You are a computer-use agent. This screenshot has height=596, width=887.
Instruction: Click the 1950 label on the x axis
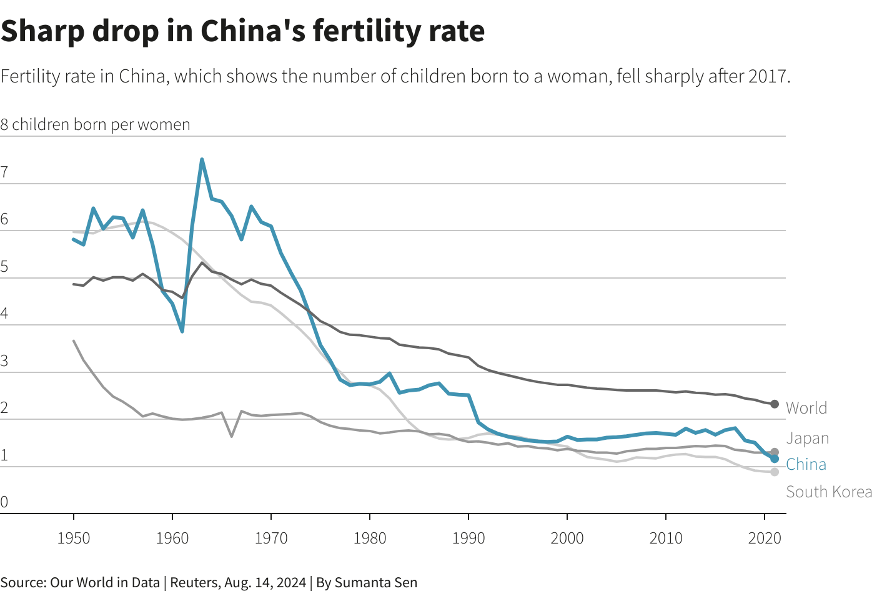74,538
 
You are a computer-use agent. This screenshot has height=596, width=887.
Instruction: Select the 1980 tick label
370,538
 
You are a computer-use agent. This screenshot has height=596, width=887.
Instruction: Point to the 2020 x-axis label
764,538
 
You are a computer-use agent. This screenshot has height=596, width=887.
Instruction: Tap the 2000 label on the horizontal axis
567,538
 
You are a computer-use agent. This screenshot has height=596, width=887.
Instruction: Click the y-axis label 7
4,172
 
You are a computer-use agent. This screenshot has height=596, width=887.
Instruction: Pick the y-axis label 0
4,502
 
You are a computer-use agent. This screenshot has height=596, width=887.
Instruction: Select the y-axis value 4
4,314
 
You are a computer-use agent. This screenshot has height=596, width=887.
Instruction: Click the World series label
806,408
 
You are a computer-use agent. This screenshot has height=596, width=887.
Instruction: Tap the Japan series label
807,439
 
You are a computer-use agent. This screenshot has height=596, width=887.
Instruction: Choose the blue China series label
806,464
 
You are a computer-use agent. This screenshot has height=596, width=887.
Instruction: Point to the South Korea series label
829,492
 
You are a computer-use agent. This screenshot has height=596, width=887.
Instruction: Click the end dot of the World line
775,404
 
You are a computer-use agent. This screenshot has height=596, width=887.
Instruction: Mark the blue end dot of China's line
775,459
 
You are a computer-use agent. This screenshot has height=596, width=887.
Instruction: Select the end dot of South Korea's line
775,472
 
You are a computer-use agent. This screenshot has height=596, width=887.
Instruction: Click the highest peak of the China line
202,159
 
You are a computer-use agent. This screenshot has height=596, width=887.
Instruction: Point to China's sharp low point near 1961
182,330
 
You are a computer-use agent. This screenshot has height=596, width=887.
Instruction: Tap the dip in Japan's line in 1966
232,435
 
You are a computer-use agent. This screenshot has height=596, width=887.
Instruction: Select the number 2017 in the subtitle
769,76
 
